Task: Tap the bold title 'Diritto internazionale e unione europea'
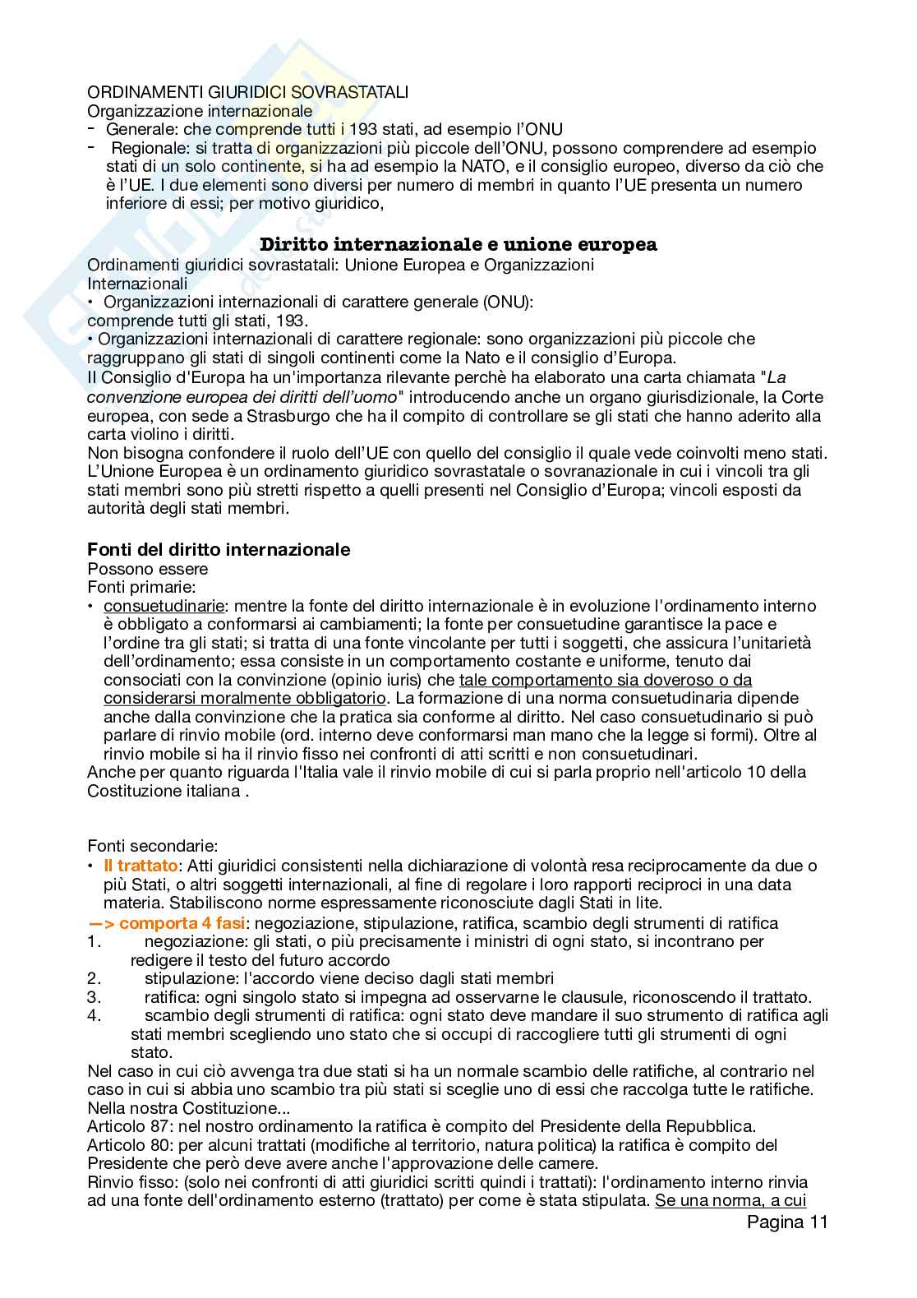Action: tap(458, 245)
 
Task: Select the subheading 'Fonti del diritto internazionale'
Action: tap(219, 550)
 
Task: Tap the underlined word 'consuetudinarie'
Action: tap(164, 606)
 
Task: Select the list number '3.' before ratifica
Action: tap(94, 998)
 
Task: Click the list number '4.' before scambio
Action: tap(94, 1016)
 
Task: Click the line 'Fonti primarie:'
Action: tap(141, 587)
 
